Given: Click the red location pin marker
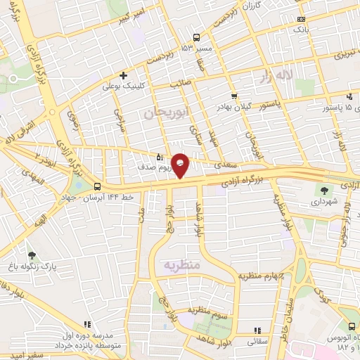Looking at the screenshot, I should [x=181, y=165].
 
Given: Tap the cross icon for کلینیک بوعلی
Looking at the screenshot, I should [x=123, y=75].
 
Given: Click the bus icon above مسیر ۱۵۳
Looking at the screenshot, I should [x=197, y=37].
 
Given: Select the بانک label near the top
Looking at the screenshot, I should [x=300, y=30].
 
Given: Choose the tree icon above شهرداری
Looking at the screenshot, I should [x=324, y=189].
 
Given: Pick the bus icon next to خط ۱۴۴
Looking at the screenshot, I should [x=96, y=187].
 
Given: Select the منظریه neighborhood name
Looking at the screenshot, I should [x=183, y=265].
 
